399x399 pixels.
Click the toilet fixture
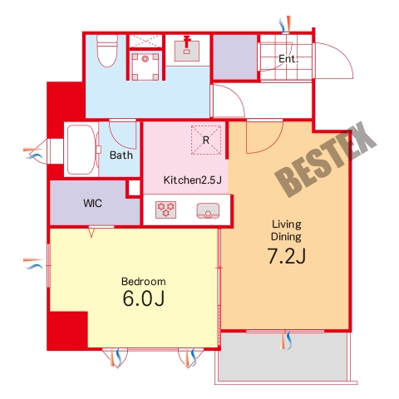click(x=107, y=51)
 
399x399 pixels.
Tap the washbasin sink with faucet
click(x=187, y=51)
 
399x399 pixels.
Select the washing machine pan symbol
click(x=145, y=66)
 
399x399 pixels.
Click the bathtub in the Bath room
click(x=81, y=150)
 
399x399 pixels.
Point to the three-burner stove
click(x=165, y=209)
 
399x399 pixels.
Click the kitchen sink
click(x=208, y=210)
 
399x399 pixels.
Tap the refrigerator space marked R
click(x=206, y=140)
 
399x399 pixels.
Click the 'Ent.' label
click(x=288, y=59)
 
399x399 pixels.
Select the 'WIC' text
click(x=92, y=204)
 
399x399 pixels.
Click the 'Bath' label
click(x=121, y=155)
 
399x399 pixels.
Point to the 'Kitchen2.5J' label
click(x=193, y=180)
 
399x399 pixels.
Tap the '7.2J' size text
click(x=287, y=256)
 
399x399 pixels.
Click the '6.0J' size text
click(x=144, y=298)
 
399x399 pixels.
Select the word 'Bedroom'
click(x=144, y=282)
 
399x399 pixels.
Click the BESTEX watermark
click(x=326, y=160)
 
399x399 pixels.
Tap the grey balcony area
click(x=283, y=357)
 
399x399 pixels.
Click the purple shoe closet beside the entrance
click(x=235, y=57)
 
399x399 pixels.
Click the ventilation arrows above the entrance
click(x=285, y=24)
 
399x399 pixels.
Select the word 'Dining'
click(x=286, y=237)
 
